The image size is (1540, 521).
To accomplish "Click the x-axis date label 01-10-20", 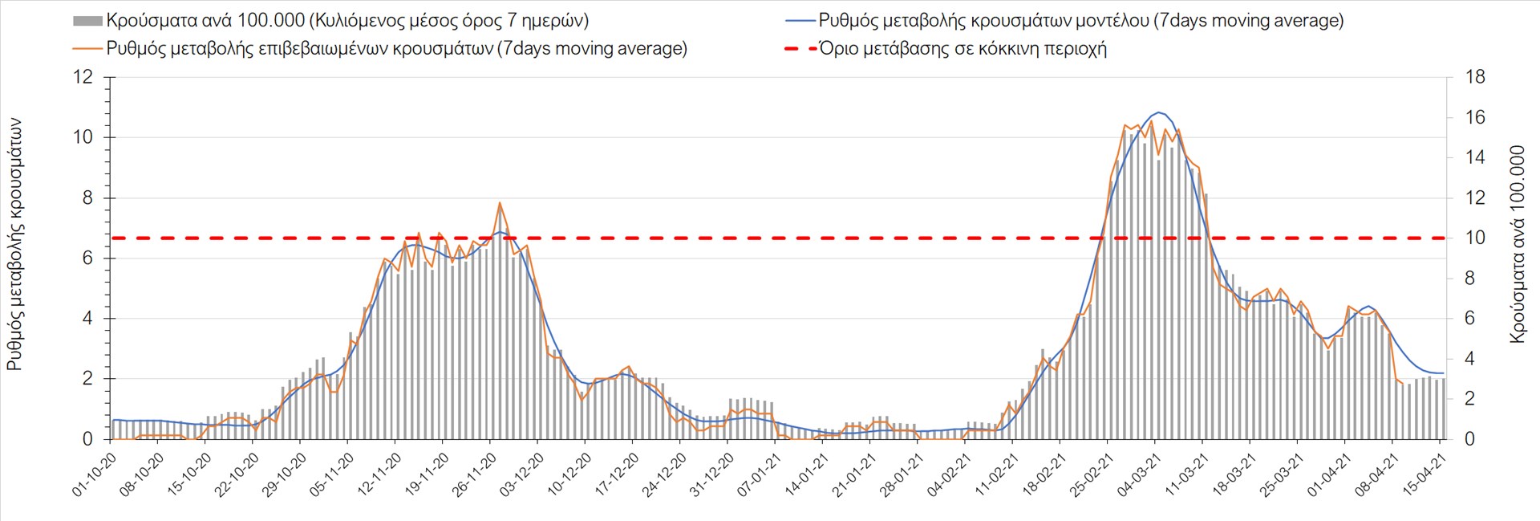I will tap(94, 475).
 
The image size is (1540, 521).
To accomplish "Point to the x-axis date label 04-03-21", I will tap(1138, 475).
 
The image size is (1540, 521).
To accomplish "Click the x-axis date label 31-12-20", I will tap(711, 475).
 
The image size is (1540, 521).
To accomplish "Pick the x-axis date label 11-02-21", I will tap(995, 475).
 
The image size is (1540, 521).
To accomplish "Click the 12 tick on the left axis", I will tap(83, 77).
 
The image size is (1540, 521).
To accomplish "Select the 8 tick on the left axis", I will tap(87, 197).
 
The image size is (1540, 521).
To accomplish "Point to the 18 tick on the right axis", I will tap(1475, 77).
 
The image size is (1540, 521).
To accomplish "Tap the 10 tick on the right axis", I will tap(1475, 238).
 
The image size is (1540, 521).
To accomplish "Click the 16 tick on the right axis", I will tap(1475, 117).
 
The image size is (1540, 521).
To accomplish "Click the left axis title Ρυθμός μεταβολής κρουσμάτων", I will tap(14, 245).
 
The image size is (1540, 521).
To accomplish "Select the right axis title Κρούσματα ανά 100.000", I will tap(1517, 245).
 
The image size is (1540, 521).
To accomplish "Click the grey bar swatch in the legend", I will tap(87, 21).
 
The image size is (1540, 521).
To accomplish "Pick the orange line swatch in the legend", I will tap(87, 49).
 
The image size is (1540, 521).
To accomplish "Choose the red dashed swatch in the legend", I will tap(800, 49).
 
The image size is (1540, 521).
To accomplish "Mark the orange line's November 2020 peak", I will tap(499, 203).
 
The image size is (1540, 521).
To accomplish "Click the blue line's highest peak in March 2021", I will tap(1159, 112).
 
